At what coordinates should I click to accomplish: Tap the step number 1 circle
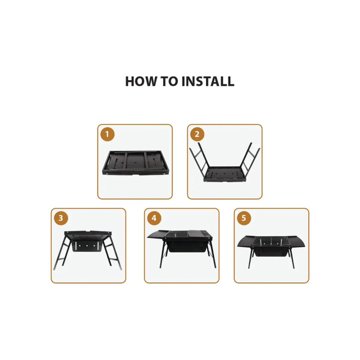pos(107,134)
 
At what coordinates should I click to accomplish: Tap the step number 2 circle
pos(197,134)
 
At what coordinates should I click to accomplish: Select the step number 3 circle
pos(61,218)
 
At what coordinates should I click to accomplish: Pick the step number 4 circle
pos(154,218)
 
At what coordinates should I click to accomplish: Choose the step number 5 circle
pos(244,218)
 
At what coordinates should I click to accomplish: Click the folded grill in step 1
pos(135,163)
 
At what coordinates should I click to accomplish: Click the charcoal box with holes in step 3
pos(87,246)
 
